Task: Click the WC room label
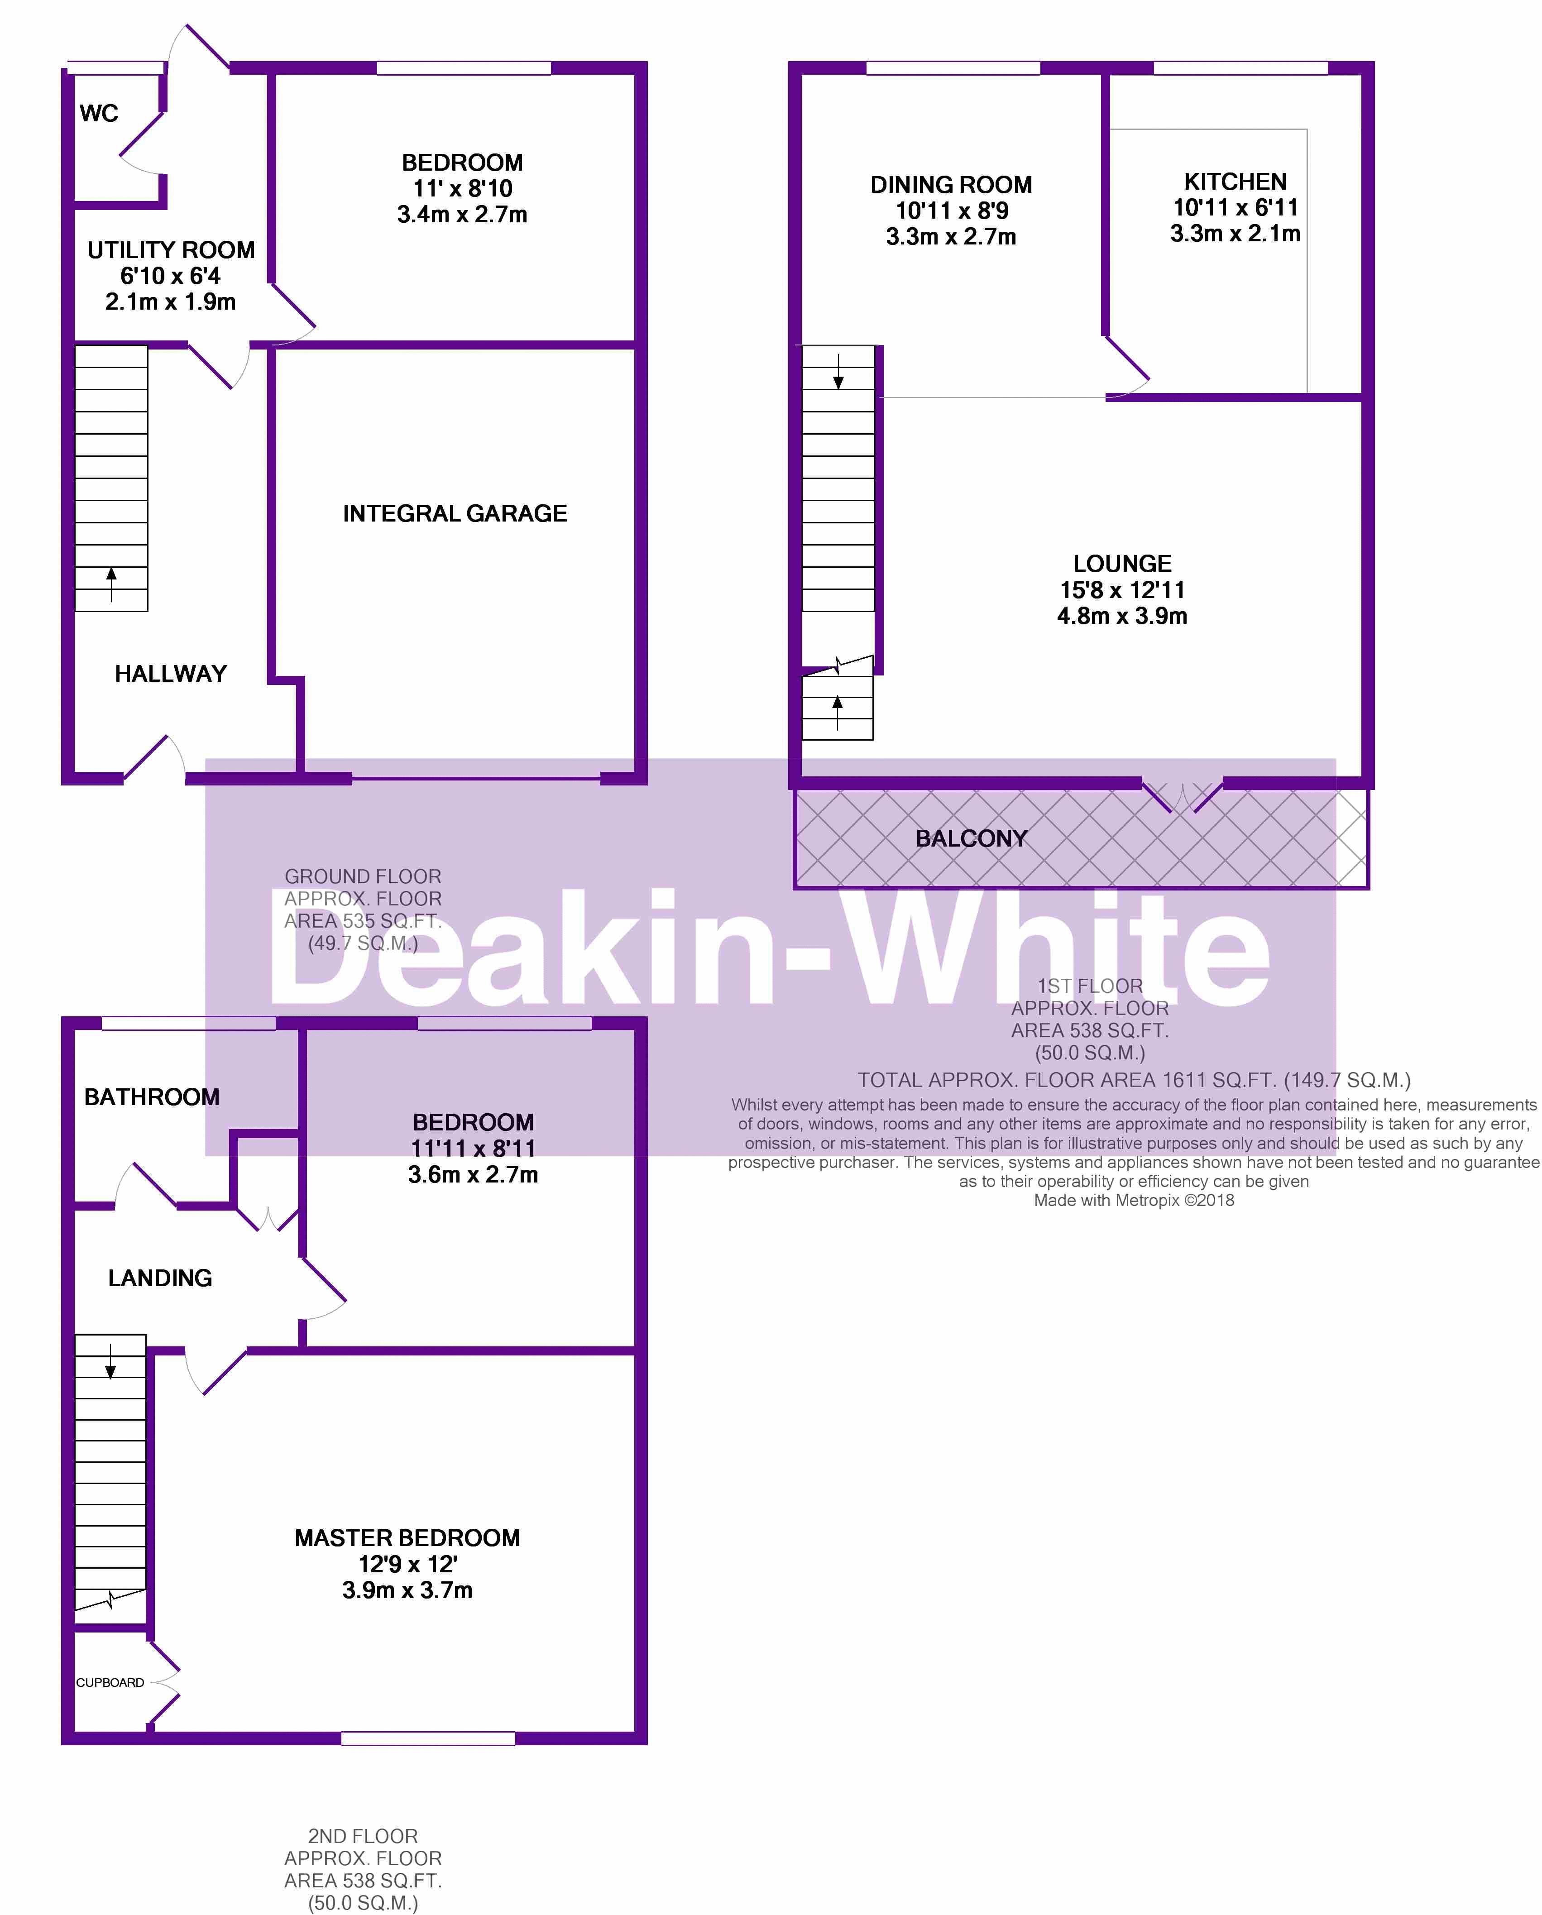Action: [99, 114]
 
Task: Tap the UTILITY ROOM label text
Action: [171, 250]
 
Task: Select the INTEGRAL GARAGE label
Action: [455, 513]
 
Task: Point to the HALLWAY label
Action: [171, 674]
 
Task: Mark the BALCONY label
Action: [971, 838]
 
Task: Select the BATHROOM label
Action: [152, 1097]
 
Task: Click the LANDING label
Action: [160, 1278]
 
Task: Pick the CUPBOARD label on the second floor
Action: [110, 1682]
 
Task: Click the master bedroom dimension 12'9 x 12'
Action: [408, 1564]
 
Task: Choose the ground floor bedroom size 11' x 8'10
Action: [463, 188]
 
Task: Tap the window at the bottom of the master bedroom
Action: [428, 1738]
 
